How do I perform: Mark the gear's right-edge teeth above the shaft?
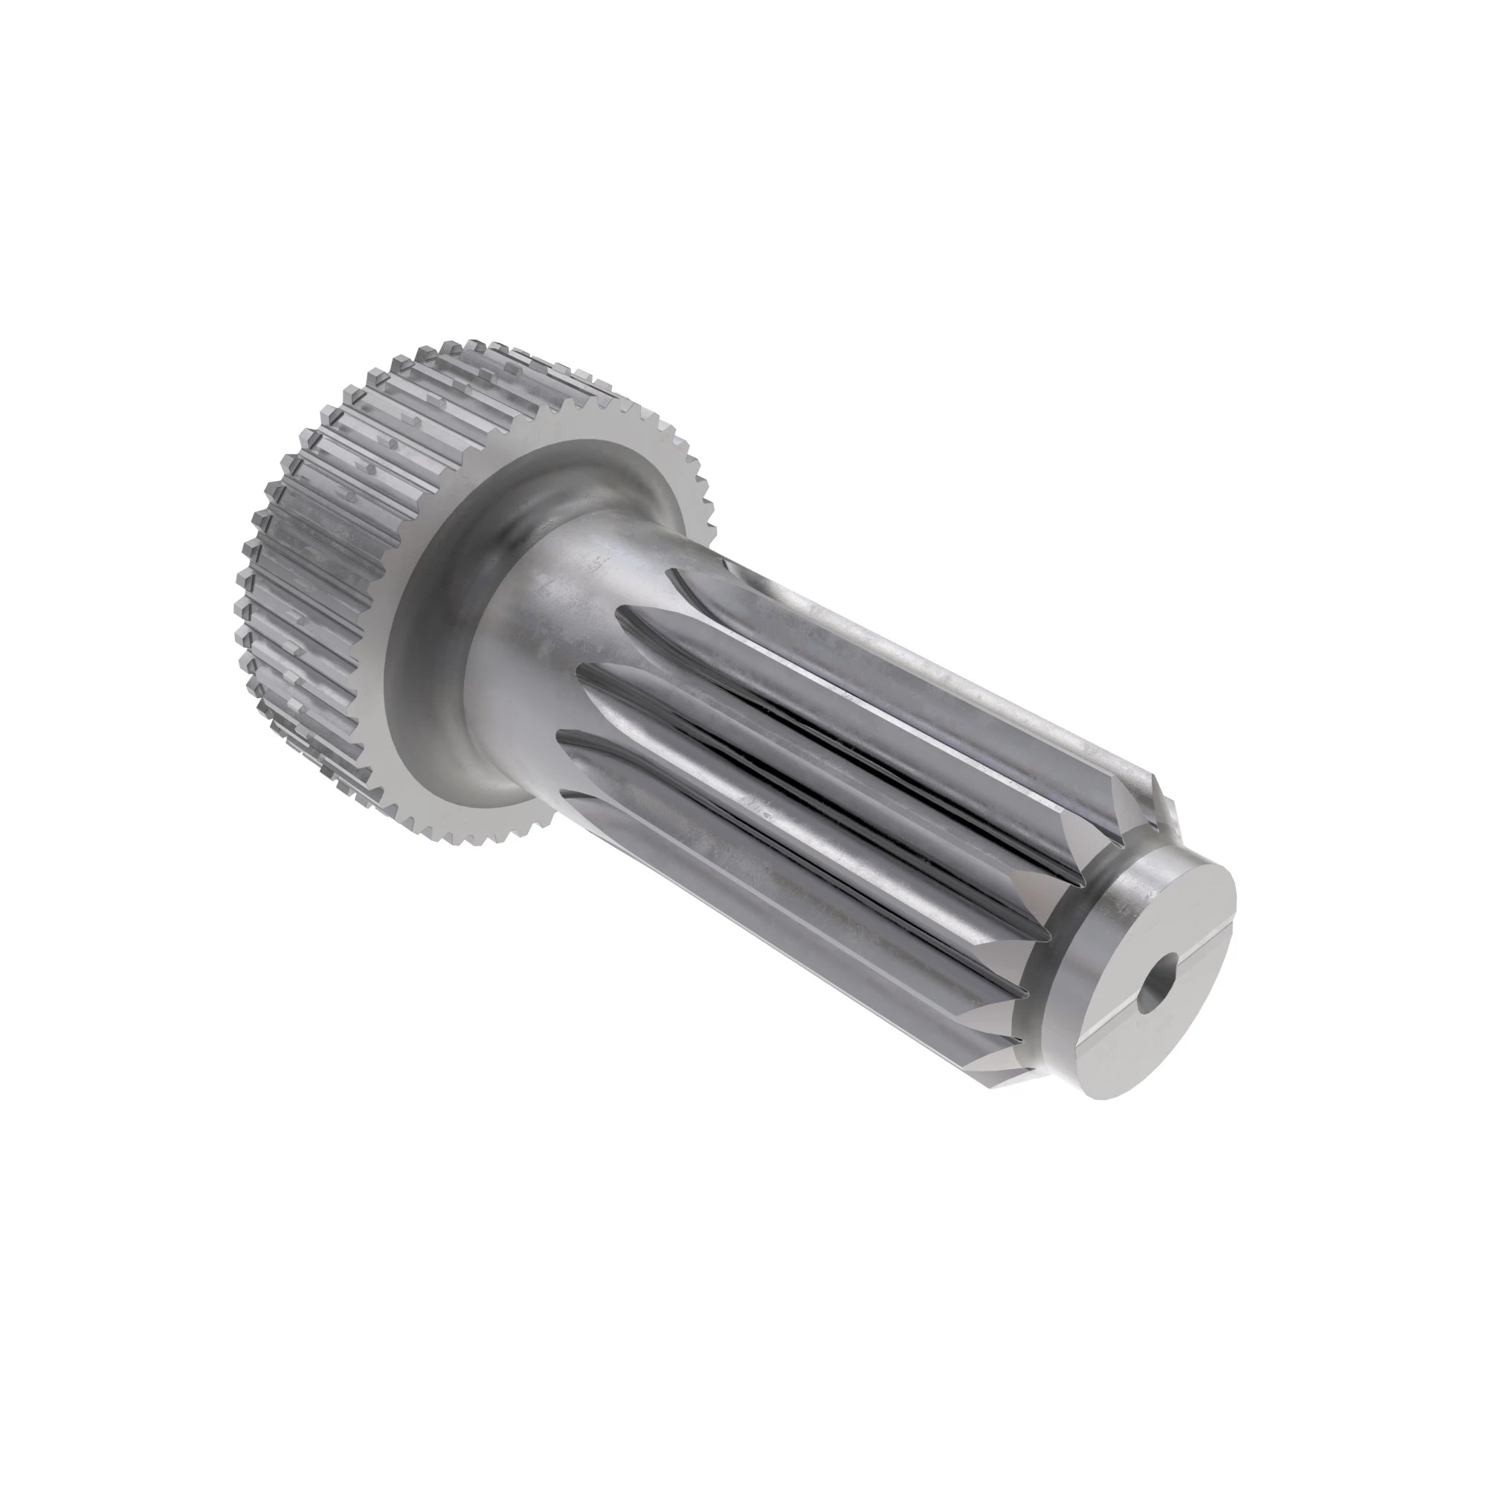[x=693, y=477]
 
